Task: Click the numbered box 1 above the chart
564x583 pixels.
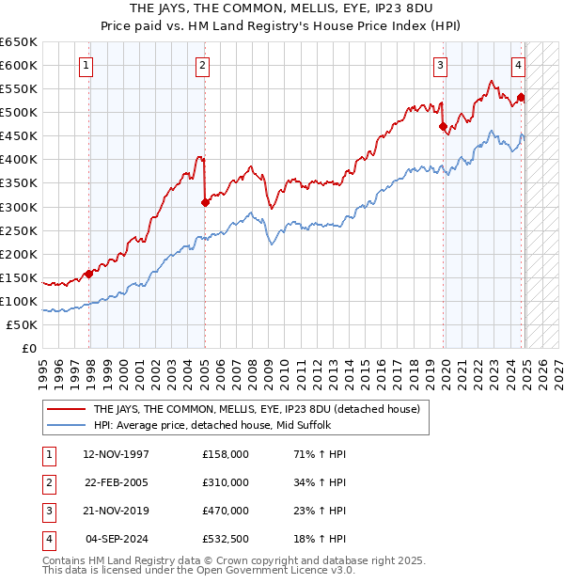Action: click(86, 65)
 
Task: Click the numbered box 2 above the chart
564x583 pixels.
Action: click(203, 65)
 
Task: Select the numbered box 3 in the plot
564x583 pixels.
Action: click(440, 65)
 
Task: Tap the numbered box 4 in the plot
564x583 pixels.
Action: click(518, 65)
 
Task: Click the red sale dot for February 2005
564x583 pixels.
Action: click(205, 201)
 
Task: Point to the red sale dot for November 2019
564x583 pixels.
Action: click(443, 126)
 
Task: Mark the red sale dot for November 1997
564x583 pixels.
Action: click(89, 274)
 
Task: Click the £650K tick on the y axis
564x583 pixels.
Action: click(19, 42)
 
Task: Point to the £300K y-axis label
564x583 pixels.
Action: click(19, 207)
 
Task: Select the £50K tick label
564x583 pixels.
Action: click(23, 324)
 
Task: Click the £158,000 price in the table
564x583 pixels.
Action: click(226, 454)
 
